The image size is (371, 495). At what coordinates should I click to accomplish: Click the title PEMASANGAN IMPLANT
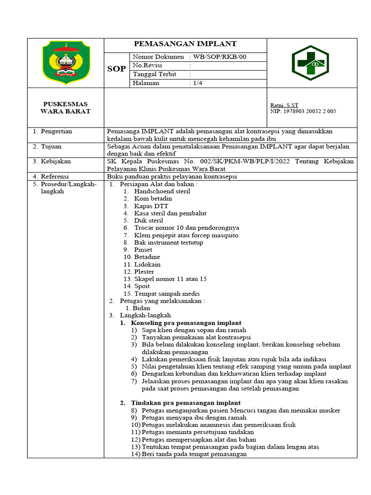[x=185, y=44]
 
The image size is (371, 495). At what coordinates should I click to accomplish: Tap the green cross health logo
[x=310, y=64]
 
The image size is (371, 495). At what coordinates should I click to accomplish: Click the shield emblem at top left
[x=66, y=62]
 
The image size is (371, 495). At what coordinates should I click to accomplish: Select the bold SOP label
[x=116, y=69]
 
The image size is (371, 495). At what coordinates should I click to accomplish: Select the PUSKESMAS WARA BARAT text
[x=66, y=108]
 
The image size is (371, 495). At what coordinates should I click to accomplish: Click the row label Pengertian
[x=56, y=131]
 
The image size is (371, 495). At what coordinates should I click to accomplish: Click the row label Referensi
[x=55, y=176]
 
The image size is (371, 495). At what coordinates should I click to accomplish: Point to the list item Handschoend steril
[x=162, y=191]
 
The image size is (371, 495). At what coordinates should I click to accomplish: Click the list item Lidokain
[x=147, y=264]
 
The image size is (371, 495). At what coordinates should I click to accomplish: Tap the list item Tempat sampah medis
[x=167, y=293]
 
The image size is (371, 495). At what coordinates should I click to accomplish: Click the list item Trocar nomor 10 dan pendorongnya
[x=186, y=228]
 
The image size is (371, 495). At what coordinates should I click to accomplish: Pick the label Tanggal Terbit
[x=155, y=74]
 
